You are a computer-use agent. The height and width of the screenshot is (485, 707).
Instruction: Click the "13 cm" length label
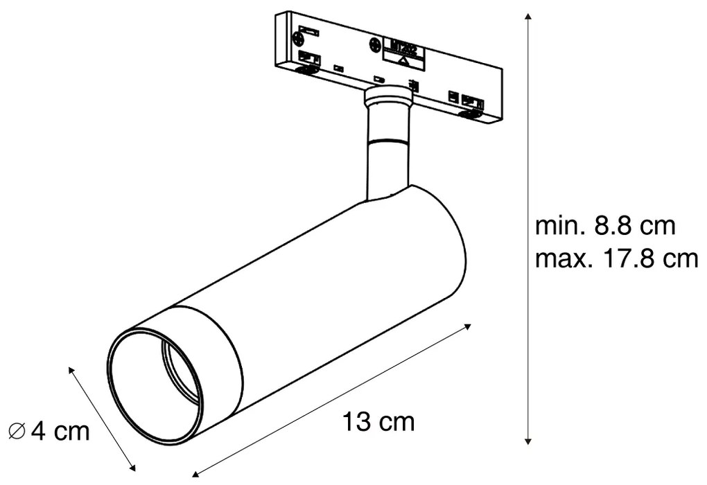(378, 421)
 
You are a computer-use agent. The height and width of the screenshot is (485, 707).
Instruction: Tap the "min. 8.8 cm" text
(605, 227)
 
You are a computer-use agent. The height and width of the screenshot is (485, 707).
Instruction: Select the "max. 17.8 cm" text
(616, 259)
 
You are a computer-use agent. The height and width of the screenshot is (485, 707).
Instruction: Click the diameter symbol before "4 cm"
(18, 432)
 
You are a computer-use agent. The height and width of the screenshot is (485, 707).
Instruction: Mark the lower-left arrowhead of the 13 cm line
(196, 473)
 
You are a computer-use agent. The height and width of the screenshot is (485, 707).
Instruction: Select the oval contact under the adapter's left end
(304, 69)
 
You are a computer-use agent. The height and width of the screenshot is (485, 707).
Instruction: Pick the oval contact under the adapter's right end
(471, 113)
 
